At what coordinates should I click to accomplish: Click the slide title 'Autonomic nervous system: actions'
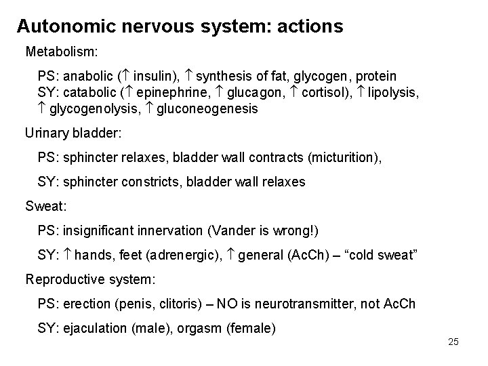pos(180,26)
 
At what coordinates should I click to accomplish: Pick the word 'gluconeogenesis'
pos(207,108)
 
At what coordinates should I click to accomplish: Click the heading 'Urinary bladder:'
pos(73,134)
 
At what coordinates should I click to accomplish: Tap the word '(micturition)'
pos(344,157)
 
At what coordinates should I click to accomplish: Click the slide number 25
pos(453,341)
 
